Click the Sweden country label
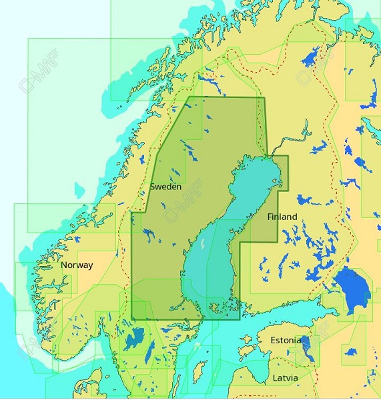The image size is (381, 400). click(165, 187)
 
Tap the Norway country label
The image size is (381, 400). click(77, 265)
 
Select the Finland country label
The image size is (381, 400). click(282, 217)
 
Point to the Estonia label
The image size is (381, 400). click(286, 340)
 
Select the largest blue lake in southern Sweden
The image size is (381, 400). click(135, 339)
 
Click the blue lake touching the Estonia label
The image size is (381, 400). click(305, 345)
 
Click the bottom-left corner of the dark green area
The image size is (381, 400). click(132, 319)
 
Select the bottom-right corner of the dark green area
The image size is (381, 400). click(240, 319)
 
